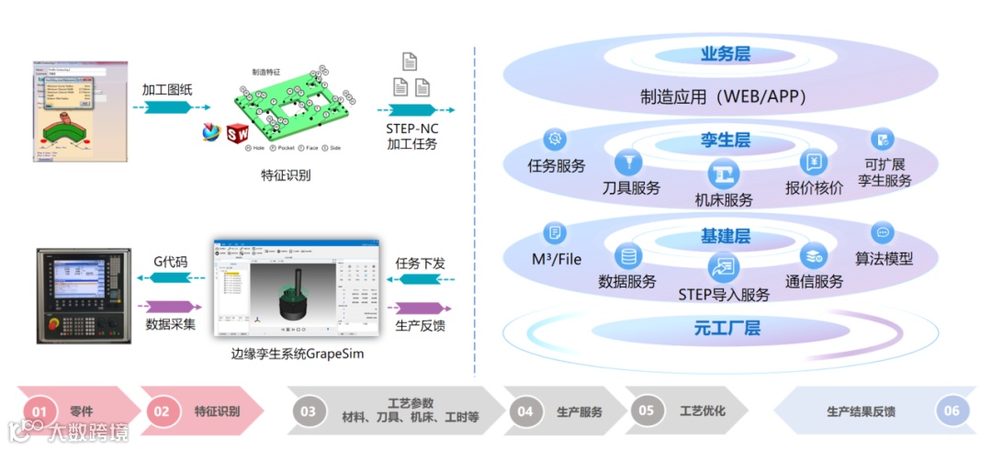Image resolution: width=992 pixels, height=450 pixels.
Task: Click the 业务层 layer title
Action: tap(725, 54)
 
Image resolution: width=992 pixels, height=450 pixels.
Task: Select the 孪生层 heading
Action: tap(725, 141)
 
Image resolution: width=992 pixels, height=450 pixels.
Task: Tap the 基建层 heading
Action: tap(725, 236)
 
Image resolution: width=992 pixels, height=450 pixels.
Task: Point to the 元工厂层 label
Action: tap(726, 328)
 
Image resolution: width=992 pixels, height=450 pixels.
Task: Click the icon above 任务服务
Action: tap(555, 140)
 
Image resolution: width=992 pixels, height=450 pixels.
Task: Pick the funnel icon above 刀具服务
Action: tap(629, 162)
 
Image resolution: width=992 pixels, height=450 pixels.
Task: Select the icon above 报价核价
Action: tap(814, 162)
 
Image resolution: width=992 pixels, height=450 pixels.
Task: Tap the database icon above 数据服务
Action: tap(629, 256)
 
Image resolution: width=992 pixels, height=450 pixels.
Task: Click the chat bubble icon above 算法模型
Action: tap(883, 233)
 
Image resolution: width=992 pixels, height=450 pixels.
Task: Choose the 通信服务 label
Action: tap(813, 282)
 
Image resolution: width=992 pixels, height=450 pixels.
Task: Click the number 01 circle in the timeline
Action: tap(39, 411)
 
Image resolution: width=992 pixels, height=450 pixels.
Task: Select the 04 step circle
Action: tap(524, 411)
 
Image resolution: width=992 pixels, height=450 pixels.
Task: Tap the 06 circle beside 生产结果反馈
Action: tap(951, 411)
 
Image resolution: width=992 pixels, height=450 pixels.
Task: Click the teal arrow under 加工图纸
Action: tap(166, 108)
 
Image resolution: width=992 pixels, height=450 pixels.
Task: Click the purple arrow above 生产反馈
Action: tap(419, 308)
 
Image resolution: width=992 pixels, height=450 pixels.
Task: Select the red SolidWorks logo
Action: tap(237, 131)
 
